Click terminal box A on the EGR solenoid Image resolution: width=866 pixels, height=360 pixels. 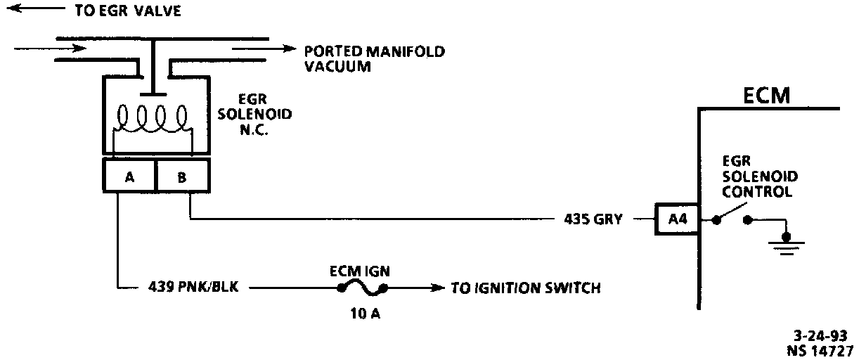(129, 176)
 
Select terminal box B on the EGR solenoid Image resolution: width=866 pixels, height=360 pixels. (182, 176)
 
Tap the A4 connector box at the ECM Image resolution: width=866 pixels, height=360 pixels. (677, 219)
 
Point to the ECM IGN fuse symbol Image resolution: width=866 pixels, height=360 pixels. (363, 288)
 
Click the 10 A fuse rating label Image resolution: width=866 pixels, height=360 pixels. (363, 314)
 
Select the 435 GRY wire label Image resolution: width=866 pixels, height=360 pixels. (593, 219)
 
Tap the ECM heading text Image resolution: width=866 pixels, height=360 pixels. (766, 95)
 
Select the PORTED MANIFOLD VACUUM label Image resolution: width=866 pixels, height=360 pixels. (374, 58)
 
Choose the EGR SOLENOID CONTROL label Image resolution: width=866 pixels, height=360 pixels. (757, 176)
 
